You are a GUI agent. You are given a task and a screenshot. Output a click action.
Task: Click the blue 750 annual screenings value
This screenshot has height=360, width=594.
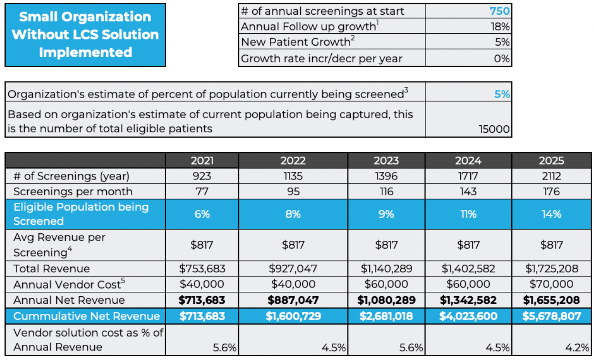(x=499, y=11)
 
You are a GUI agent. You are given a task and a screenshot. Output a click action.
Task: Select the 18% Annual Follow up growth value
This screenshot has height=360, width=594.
(x=500, y=27)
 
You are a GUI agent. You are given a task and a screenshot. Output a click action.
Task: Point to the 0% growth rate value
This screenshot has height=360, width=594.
(x=502, y=59)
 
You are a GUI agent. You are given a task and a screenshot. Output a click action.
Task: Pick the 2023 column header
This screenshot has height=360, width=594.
(x=386, y=160)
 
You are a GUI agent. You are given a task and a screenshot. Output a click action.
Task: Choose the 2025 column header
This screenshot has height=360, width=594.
(x=551, y=160)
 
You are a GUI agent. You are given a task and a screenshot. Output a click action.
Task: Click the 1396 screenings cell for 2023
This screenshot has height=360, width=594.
(x=386, y=176)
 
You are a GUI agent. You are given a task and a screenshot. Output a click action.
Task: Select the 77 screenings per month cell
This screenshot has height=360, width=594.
(x=202, y=191)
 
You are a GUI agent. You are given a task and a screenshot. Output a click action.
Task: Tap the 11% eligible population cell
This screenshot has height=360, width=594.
(x=468, y=214)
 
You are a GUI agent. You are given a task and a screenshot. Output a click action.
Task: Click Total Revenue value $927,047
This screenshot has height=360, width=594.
(x=293, y=269)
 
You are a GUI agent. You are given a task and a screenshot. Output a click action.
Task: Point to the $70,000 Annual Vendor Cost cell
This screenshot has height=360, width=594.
(x=551, y=284)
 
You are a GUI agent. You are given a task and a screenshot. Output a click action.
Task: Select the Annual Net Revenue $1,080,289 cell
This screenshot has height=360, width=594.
(x=386, y=300)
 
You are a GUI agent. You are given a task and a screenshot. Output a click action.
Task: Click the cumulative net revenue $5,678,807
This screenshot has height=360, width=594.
(x=551, y=316)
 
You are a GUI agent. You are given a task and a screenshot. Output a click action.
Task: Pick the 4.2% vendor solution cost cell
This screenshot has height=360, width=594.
(x=577, y=348)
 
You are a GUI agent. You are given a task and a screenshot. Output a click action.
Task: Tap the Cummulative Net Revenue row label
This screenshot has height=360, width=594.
(x=87, y=316)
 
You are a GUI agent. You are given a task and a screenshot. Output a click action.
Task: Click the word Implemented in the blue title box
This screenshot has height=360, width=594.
(x=85, y=52)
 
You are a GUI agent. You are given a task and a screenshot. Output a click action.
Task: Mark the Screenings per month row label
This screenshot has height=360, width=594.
(x=73, y=191)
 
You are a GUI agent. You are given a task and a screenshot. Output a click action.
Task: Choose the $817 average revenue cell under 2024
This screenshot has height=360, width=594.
(x=468, y=245)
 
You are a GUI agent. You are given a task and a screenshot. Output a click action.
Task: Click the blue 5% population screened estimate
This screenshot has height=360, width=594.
(x=502, y=94)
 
